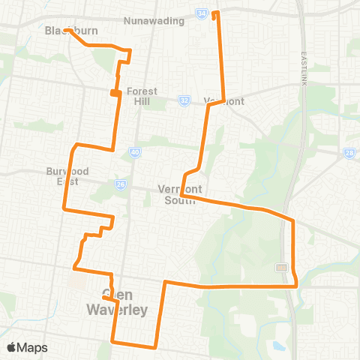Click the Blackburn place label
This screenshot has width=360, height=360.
pyautogui.click(x=62, y=31)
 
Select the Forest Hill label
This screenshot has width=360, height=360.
pyautogui.click(x=142, y=97)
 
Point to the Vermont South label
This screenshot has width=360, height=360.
pyautogui.click(x=177, y=195)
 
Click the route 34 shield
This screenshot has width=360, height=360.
pyautogui.click(x=201, y=13)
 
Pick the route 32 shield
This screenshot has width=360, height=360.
pyautogui.click(x=184, y=100)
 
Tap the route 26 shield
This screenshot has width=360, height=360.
pyautogui.click(x=121, y=184)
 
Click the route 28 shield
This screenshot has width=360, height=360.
pyautogui.click(x=349, y=153)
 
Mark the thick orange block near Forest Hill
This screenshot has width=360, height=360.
pyautogui.click(x=115, y=92)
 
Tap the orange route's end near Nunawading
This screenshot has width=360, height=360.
pyautogui.click(x=216, y=13)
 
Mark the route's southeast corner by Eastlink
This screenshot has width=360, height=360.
pyautogui.click(x=296, y=285)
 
